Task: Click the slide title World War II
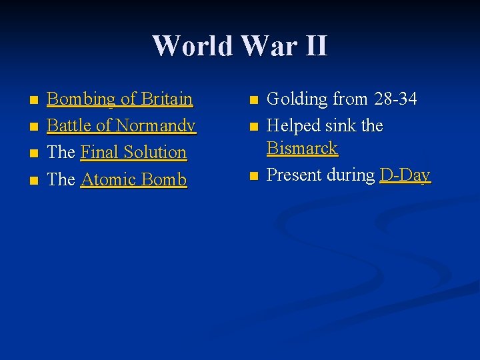(x=240, y=46)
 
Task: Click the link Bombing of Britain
(x=120, y=99)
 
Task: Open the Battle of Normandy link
(x=121, y=125)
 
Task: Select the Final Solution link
(x=133, y=152)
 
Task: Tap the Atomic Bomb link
(x=133, y=179)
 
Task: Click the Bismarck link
(x=302, y=148)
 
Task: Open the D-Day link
(x=405, y=175)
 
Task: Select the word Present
(x=293, y=175)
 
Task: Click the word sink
(x=341, y=125)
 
